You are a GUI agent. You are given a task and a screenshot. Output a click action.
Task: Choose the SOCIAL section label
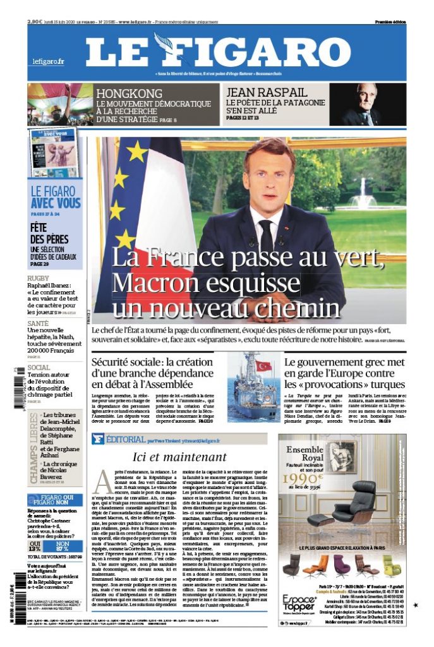click(40, 367)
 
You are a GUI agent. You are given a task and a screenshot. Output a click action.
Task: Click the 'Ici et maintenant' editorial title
click(179, 457)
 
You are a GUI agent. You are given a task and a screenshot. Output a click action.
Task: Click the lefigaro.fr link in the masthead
click(49, 61)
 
